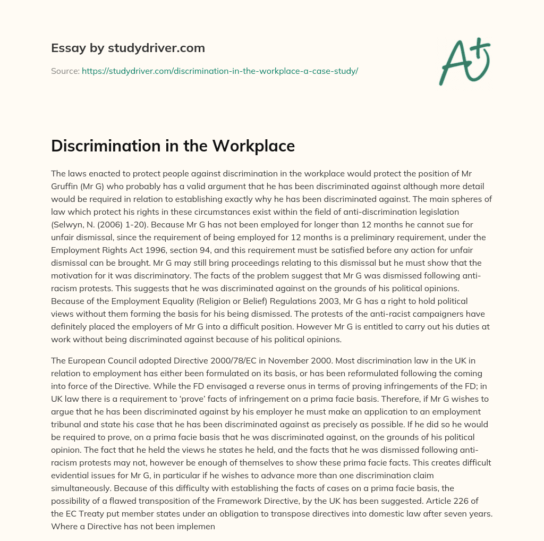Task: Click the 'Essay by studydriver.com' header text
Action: coord(128,48)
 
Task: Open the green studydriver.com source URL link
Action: coord(219,71)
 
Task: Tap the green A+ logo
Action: coord(464,61)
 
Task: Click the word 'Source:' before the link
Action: coord(65,71)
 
